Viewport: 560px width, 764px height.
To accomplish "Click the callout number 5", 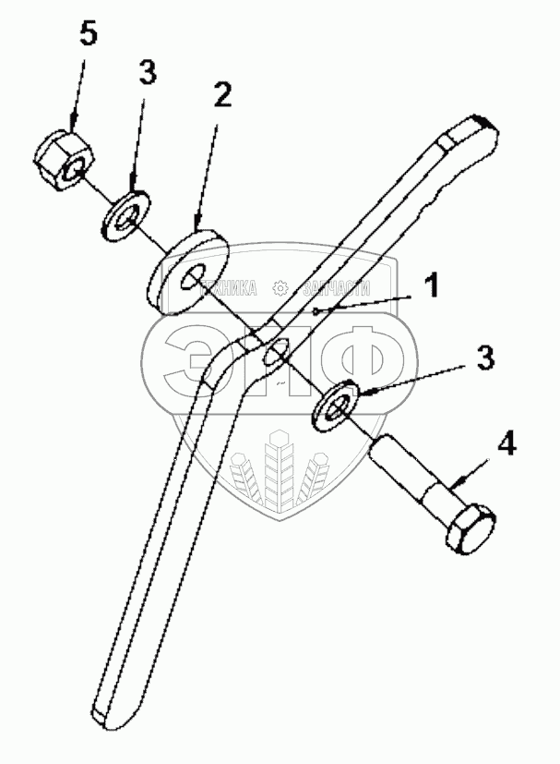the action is click(88, 34).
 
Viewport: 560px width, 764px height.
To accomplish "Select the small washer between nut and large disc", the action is click(125, 213).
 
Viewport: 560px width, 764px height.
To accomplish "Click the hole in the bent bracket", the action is click(275, 355).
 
